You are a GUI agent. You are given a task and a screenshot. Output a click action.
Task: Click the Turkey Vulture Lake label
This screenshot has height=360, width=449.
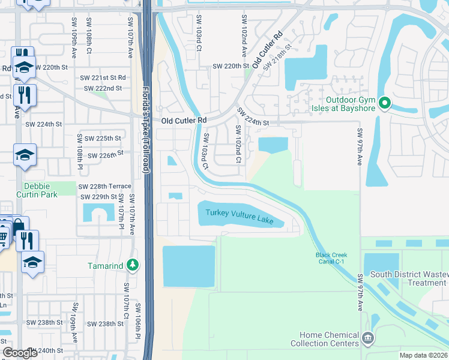(x=240, y=217)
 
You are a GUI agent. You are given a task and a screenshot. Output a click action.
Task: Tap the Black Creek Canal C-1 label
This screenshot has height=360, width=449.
(x=331, y=259)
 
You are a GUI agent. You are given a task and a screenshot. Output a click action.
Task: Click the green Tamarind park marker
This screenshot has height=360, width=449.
(x=133, y=265)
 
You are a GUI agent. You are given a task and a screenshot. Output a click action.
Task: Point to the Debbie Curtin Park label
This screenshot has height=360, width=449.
(x=41, y=191)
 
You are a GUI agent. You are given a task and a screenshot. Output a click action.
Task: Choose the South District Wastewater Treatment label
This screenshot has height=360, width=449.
(x=409, y=279)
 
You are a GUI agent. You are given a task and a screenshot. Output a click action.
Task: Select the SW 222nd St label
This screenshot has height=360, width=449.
(x=103, y=88)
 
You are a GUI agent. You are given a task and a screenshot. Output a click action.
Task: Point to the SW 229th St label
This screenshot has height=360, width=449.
(x=98, y=196)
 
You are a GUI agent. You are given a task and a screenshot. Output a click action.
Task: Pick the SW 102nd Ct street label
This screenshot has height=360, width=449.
(x=238, y=145)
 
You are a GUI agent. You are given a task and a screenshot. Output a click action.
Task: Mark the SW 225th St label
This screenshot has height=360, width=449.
(x=103, y=138)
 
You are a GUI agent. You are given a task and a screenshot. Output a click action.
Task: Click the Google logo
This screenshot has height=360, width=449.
(x=20, y=353)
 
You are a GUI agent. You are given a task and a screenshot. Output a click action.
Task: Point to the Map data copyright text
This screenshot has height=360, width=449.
(x=423, y=355)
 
